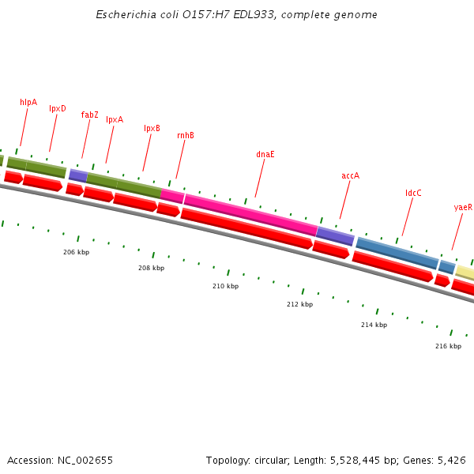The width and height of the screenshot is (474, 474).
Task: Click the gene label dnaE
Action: tap(265, 154)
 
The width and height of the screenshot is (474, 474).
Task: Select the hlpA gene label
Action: tap(28, 102)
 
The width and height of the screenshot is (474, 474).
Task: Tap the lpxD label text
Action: tap(58, 109)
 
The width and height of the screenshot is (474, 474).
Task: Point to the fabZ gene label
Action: tap(90, 115)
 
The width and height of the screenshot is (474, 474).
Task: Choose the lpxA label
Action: tap(115, 120)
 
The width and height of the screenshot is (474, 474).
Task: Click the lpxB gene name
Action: tap(152, 128)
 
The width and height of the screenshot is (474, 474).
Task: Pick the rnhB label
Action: tap(186, 135)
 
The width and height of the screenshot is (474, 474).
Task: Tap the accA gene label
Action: tap(350, 175)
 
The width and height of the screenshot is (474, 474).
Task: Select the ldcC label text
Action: tap(413, 193)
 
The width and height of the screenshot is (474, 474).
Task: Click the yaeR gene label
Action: tap(463, 207)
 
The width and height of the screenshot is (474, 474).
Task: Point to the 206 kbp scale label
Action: tap(77, 252)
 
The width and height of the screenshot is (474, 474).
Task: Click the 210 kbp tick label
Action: tap(225, 286)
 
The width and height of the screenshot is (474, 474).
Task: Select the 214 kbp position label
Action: tap(374, 325)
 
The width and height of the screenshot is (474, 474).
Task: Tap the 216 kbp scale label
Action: tap(448, 346)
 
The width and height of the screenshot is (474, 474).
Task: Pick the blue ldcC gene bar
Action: tap(397, 254)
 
